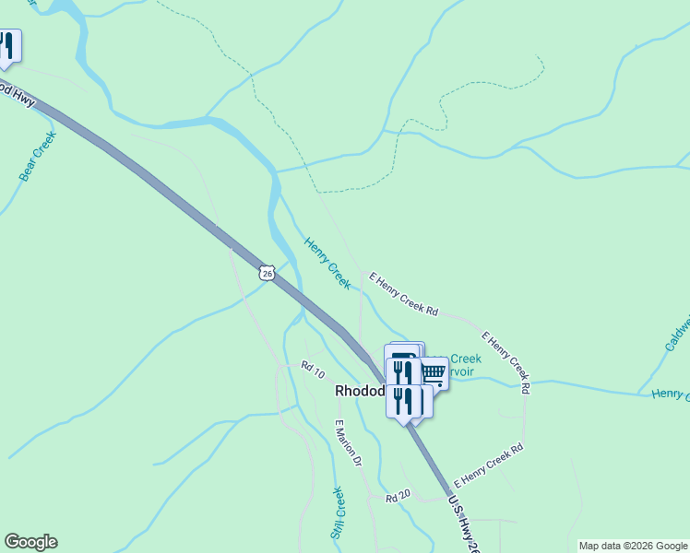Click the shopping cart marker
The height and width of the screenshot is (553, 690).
pos(434,372)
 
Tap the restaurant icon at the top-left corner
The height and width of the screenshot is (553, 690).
pos(7,47)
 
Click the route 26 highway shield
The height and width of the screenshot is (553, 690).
pos(267,273)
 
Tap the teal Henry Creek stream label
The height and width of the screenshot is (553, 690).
pos(327,263)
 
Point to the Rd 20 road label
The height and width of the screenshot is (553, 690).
pos(398,496)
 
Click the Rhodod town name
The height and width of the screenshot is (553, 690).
pos(359,391)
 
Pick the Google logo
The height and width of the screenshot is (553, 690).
pos(30,542)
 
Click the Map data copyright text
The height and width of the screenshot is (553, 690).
pos(634,546)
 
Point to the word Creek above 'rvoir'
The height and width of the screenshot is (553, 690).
pos(465,359)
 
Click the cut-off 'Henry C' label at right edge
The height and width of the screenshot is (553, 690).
pos(670,394)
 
